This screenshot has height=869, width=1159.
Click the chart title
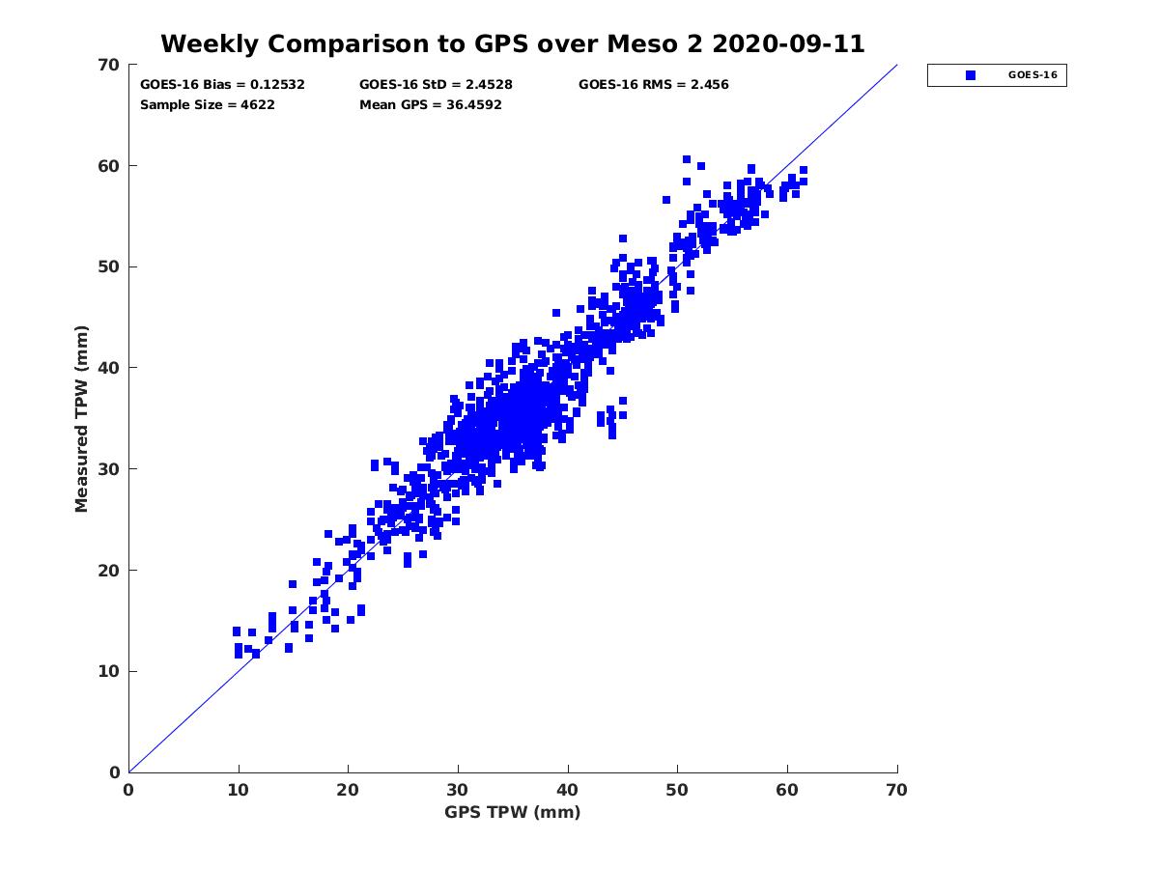(x=512, y=43)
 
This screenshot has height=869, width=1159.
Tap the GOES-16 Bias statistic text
(x=222, y=84)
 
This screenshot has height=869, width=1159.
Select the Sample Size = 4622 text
(x=208, y=104)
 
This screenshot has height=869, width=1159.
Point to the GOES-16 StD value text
(x=436, y=84)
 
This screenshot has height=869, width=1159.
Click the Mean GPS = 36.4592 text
(x=430, y=104)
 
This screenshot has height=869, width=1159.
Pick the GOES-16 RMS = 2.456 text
(x=653, y=84)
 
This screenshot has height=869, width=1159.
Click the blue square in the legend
(x=971, y=75)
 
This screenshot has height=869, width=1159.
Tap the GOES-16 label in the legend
(x=1032, y=75)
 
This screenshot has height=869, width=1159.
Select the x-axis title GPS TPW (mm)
(x=512, y=812)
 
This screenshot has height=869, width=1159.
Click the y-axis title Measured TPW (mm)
(x=82, y=418)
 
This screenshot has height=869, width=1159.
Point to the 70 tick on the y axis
(x=109, y=65)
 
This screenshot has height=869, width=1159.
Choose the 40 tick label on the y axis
(x=109, y=368)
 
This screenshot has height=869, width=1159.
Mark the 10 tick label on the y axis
(x=109, y=671)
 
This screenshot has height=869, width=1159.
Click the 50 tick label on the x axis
(x=677, y=790)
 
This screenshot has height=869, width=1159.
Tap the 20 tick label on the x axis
(x=348, y=790)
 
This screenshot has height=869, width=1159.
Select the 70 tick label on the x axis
(x=897, y=790)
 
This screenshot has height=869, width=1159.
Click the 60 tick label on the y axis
(x=109, y=166)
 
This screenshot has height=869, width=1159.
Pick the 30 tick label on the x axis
(x=458, y=790)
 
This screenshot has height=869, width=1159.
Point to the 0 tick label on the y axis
(x=114, y=772)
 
